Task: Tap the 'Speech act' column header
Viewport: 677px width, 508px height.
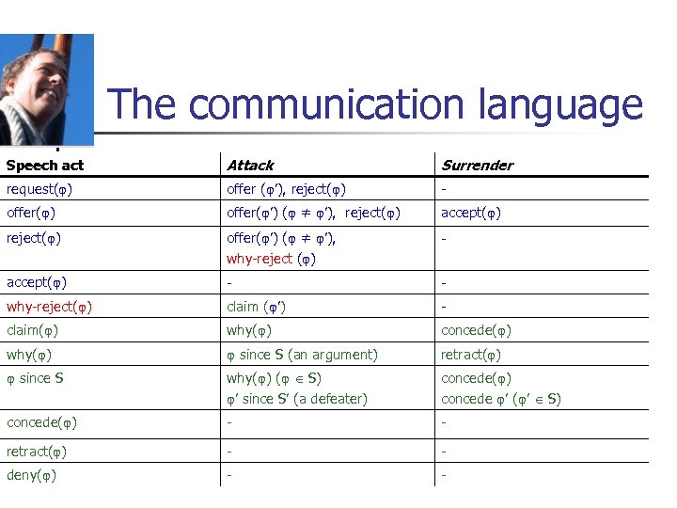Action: point(45,166)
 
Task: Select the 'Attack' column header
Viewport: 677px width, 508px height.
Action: point(250,166)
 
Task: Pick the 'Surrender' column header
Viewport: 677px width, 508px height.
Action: point(478,166)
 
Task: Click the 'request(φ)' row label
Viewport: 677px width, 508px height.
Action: point(39,189)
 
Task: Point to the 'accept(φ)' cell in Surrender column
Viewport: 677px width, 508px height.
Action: point(471,213)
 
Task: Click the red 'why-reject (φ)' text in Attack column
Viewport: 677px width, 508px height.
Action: point(271,259)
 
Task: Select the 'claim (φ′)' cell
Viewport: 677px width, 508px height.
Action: point(257,307)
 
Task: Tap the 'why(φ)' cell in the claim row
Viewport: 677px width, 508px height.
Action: point(250,330)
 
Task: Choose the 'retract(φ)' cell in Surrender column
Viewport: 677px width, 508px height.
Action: point(471,355)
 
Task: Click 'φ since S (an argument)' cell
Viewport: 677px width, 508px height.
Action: point(302,355)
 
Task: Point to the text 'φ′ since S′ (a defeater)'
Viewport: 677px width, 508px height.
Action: point(296,399)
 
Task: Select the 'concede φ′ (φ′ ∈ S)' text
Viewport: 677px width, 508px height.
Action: point(501,399)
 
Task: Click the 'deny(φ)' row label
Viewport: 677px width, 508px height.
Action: point(31,475)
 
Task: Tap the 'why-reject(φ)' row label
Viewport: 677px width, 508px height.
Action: point(49,307)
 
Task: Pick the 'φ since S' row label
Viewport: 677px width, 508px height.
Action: point(36,378)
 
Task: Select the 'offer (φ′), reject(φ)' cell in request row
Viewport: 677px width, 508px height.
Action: point(286,189)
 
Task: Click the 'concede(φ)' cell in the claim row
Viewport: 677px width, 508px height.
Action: point(477,330)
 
